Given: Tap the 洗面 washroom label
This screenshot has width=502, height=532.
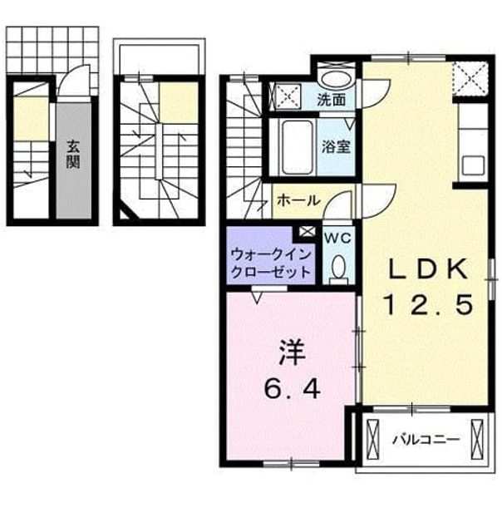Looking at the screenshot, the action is [x=332, y=100].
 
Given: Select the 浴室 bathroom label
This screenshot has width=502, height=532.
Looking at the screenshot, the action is [x=336, y=146].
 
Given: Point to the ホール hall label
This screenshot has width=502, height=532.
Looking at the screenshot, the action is [x=298, y=200].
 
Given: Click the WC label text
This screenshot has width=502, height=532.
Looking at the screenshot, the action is [x=337, y=239].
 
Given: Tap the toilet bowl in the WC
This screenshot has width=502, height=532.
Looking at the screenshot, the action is [x=337, y=268].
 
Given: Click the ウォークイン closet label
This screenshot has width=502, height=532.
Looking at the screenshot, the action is [x=271, y=254].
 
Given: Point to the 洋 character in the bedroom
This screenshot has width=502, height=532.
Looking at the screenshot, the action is [x=292, y=352].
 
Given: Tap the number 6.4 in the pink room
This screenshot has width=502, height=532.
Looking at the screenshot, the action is [x=293, y=388].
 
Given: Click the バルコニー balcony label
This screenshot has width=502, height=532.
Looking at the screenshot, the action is [x=426, y=440].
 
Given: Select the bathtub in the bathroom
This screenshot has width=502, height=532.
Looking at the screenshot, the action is [x=297, y=146].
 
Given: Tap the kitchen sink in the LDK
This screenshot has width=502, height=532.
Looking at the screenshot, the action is [x=473, y=165].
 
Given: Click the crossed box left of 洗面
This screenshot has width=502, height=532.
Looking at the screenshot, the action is [x=288, y=96].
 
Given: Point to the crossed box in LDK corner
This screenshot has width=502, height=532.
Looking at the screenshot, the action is [x=470, y=78].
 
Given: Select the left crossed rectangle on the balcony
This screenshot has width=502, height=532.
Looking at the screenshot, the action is [x=373, y=440].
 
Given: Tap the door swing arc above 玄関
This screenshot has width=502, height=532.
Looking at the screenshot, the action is [x=73, y=80].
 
